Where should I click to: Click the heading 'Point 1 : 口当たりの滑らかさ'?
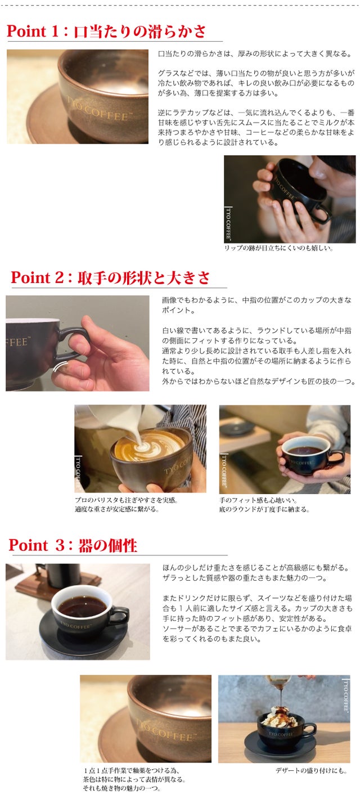click(x=106, y=32)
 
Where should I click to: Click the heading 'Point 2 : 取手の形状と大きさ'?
click(x=110, y=278)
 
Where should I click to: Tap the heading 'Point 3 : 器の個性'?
click(x=73, y=545)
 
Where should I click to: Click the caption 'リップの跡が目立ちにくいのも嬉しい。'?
click(x=278, y=248)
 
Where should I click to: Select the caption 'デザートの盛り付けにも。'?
click(x=311, y=770)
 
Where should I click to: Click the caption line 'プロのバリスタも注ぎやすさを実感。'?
click(x=127, y=500)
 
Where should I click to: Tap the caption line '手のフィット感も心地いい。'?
click(x=258, y=500)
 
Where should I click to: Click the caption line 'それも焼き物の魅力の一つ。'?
click(x=122, y=788)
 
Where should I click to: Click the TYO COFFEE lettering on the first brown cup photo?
click(x=100, y=109)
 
